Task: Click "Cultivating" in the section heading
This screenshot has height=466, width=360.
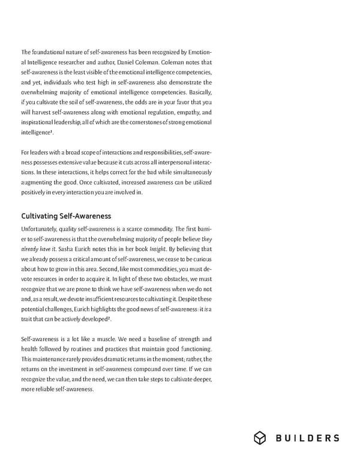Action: coord(40,216)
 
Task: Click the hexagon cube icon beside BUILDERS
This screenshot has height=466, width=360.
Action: coord(260,438)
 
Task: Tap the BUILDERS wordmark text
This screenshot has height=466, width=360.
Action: coord(308,438)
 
